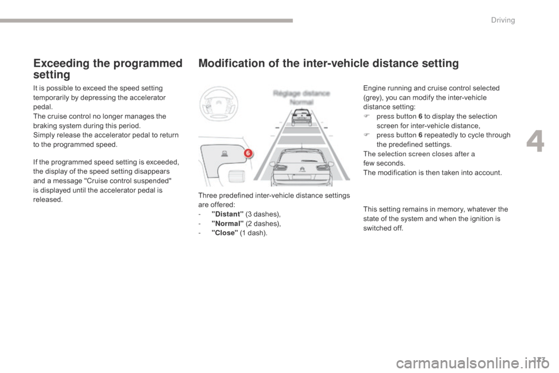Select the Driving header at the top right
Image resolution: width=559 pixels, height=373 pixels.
[503, 20]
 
